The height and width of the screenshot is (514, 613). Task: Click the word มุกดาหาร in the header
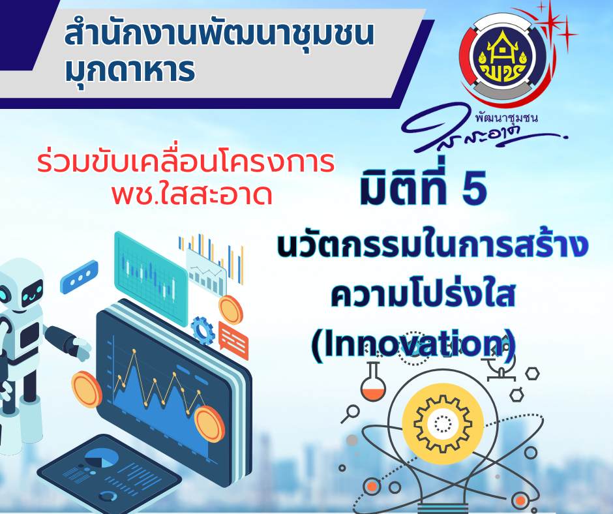(x=130, y=70)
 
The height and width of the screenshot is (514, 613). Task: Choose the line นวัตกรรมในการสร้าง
(x=432, y=248)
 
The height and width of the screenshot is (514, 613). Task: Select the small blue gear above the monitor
(x=203, y=331)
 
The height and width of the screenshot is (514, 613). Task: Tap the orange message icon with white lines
(x=233, y=337)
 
